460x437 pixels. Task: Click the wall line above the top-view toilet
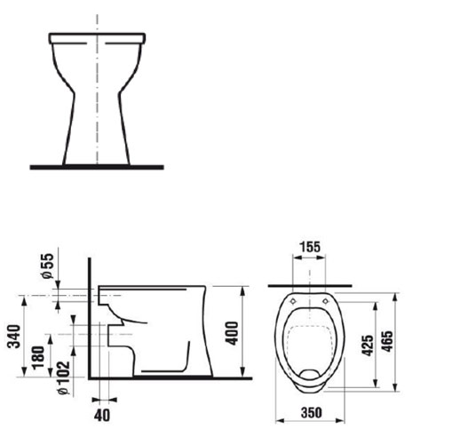click(311, 286)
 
